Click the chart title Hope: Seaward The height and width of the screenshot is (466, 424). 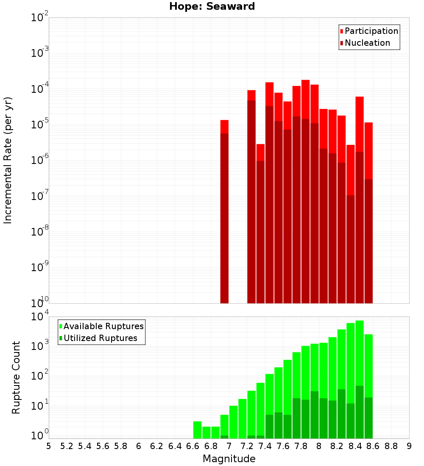click(x=212, y=7)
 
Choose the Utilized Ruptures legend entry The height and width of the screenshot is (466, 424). click(x=100, y=338)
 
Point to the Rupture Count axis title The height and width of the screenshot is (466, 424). click(x=16, y=377)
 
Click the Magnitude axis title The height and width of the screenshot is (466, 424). click(x=229, y=459)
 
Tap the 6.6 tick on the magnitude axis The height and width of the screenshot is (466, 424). click(x=193, y=446)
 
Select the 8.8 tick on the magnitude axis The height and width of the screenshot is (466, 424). click(x=391, y=446)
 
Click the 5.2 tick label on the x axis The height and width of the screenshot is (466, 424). click(x=67, y=446)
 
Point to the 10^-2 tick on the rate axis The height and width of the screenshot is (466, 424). click(x=40, y=18)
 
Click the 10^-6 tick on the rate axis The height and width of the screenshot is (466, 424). click(x=40, y=160)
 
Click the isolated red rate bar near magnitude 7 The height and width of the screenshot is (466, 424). click(x=224, y=212)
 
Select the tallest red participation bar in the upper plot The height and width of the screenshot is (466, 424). click(x=305, y=191)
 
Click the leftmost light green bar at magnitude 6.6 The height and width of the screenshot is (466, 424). click(x=197, y=430)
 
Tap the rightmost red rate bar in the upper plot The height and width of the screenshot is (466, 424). click(x=368, y=212)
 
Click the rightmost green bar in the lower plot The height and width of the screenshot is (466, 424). click(x=368, y=386)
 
